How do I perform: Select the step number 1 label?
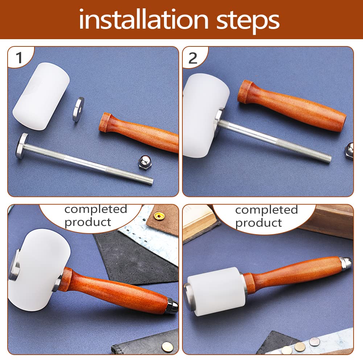(19, 58)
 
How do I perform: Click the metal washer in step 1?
(78, 109)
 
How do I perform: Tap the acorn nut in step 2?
(349, 151)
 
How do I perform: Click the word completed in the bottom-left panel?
(96, 210)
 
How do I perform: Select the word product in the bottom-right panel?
(258, 223)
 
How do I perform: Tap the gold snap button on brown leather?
(157, 216)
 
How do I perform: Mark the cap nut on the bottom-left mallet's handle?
(172, 307)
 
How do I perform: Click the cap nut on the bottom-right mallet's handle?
(346, 261)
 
